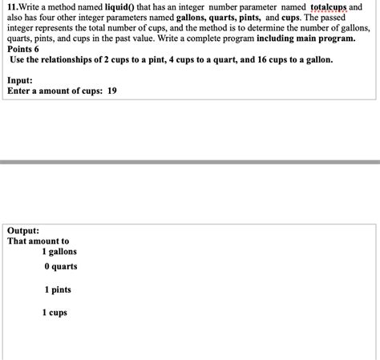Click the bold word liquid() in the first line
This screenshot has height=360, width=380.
point(125,6)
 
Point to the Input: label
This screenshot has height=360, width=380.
point(20,80)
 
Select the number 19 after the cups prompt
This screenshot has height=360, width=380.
point(112,91)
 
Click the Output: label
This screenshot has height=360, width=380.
point(23,229)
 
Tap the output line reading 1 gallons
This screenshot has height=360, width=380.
point(61,252)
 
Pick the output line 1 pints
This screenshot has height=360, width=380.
point(58,289)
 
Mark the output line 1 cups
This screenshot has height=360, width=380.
point(55,312)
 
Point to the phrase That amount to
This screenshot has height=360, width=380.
point(38,241)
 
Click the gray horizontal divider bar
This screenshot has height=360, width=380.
point(190,162)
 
